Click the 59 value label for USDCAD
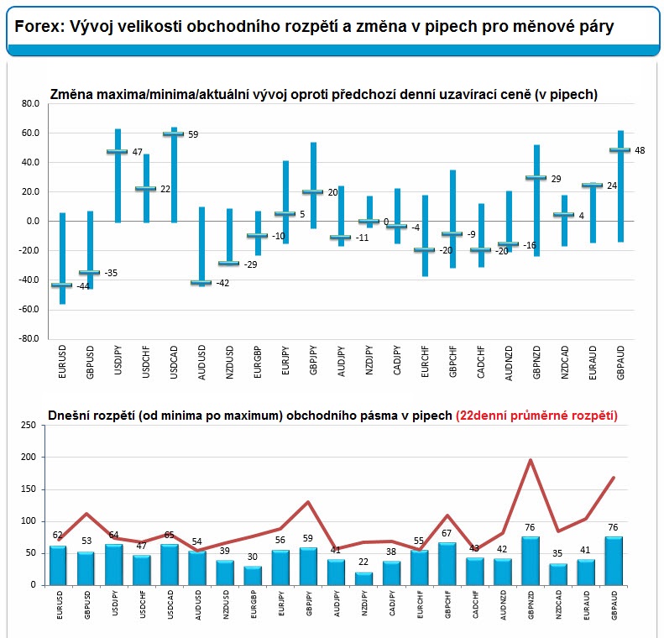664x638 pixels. point(192,134)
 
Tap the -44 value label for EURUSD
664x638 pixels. point(83,287)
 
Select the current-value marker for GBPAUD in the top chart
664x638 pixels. point(620,150)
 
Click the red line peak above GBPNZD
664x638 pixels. point(530,460)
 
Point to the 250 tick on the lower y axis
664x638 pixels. point(29,426)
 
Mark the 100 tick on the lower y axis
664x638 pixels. point(29,521)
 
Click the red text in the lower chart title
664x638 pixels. point(536,415)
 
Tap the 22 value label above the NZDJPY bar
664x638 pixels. point(363,562)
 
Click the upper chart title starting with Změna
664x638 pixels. point(323,95)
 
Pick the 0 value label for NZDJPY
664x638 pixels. point(386,222)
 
